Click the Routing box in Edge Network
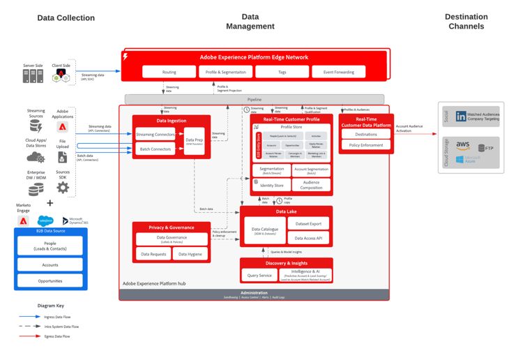click(x=169, y=72)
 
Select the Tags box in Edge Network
click(x=282, y=72)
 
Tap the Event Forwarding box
click(x=338, y=72)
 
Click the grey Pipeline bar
click(x=254, y=100)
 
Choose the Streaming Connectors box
click(x=156, y=135)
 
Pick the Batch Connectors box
click(x=156, y=149)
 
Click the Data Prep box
click(x=194, y=141)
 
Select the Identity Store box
click(x=271, y=185)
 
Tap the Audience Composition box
click(x=311, y=185)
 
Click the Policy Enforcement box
click(x=366, y=145)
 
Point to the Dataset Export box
click(x=308, y=224)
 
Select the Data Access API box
click(x=308, y=238)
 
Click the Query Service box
click(x=259, y=276)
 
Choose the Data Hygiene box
click(x=190, y=255)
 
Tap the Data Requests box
click(x=153, y=255)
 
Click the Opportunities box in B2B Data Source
click(x=50, y=281)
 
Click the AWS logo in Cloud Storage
click(x=463, y=147)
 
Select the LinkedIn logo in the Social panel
click(x=461, y=117)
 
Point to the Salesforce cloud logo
click(x=45, y=220)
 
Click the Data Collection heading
click(x=66, y=18)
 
